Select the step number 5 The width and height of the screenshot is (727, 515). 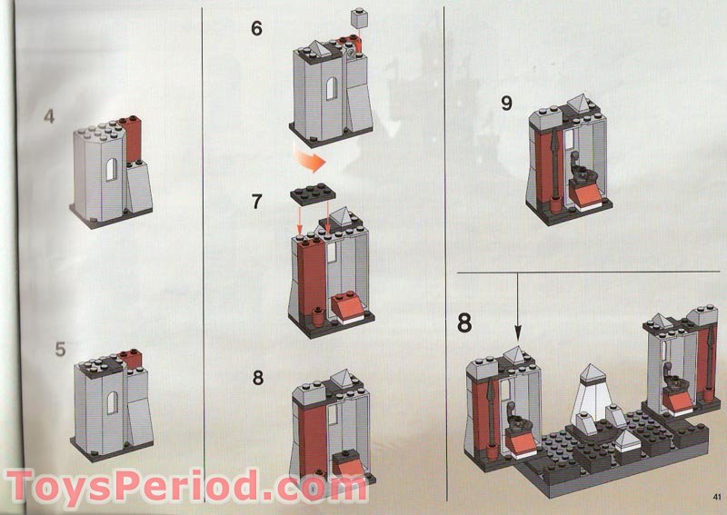[59, 349]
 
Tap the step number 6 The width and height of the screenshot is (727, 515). [256, 28]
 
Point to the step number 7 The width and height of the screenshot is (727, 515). [256, 201]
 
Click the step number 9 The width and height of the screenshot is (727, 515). [506, 103]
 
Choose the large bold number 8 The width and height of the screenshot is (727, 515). [464, 322]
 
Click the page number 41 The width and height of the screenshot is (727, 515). [717, 496]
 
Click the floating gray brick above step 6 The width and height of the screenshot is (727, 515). [362, 15]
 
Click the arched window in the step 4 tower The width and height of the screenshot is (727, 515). [109, 172]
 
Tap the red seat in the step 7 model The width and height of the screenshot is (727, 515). [349, 310]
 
